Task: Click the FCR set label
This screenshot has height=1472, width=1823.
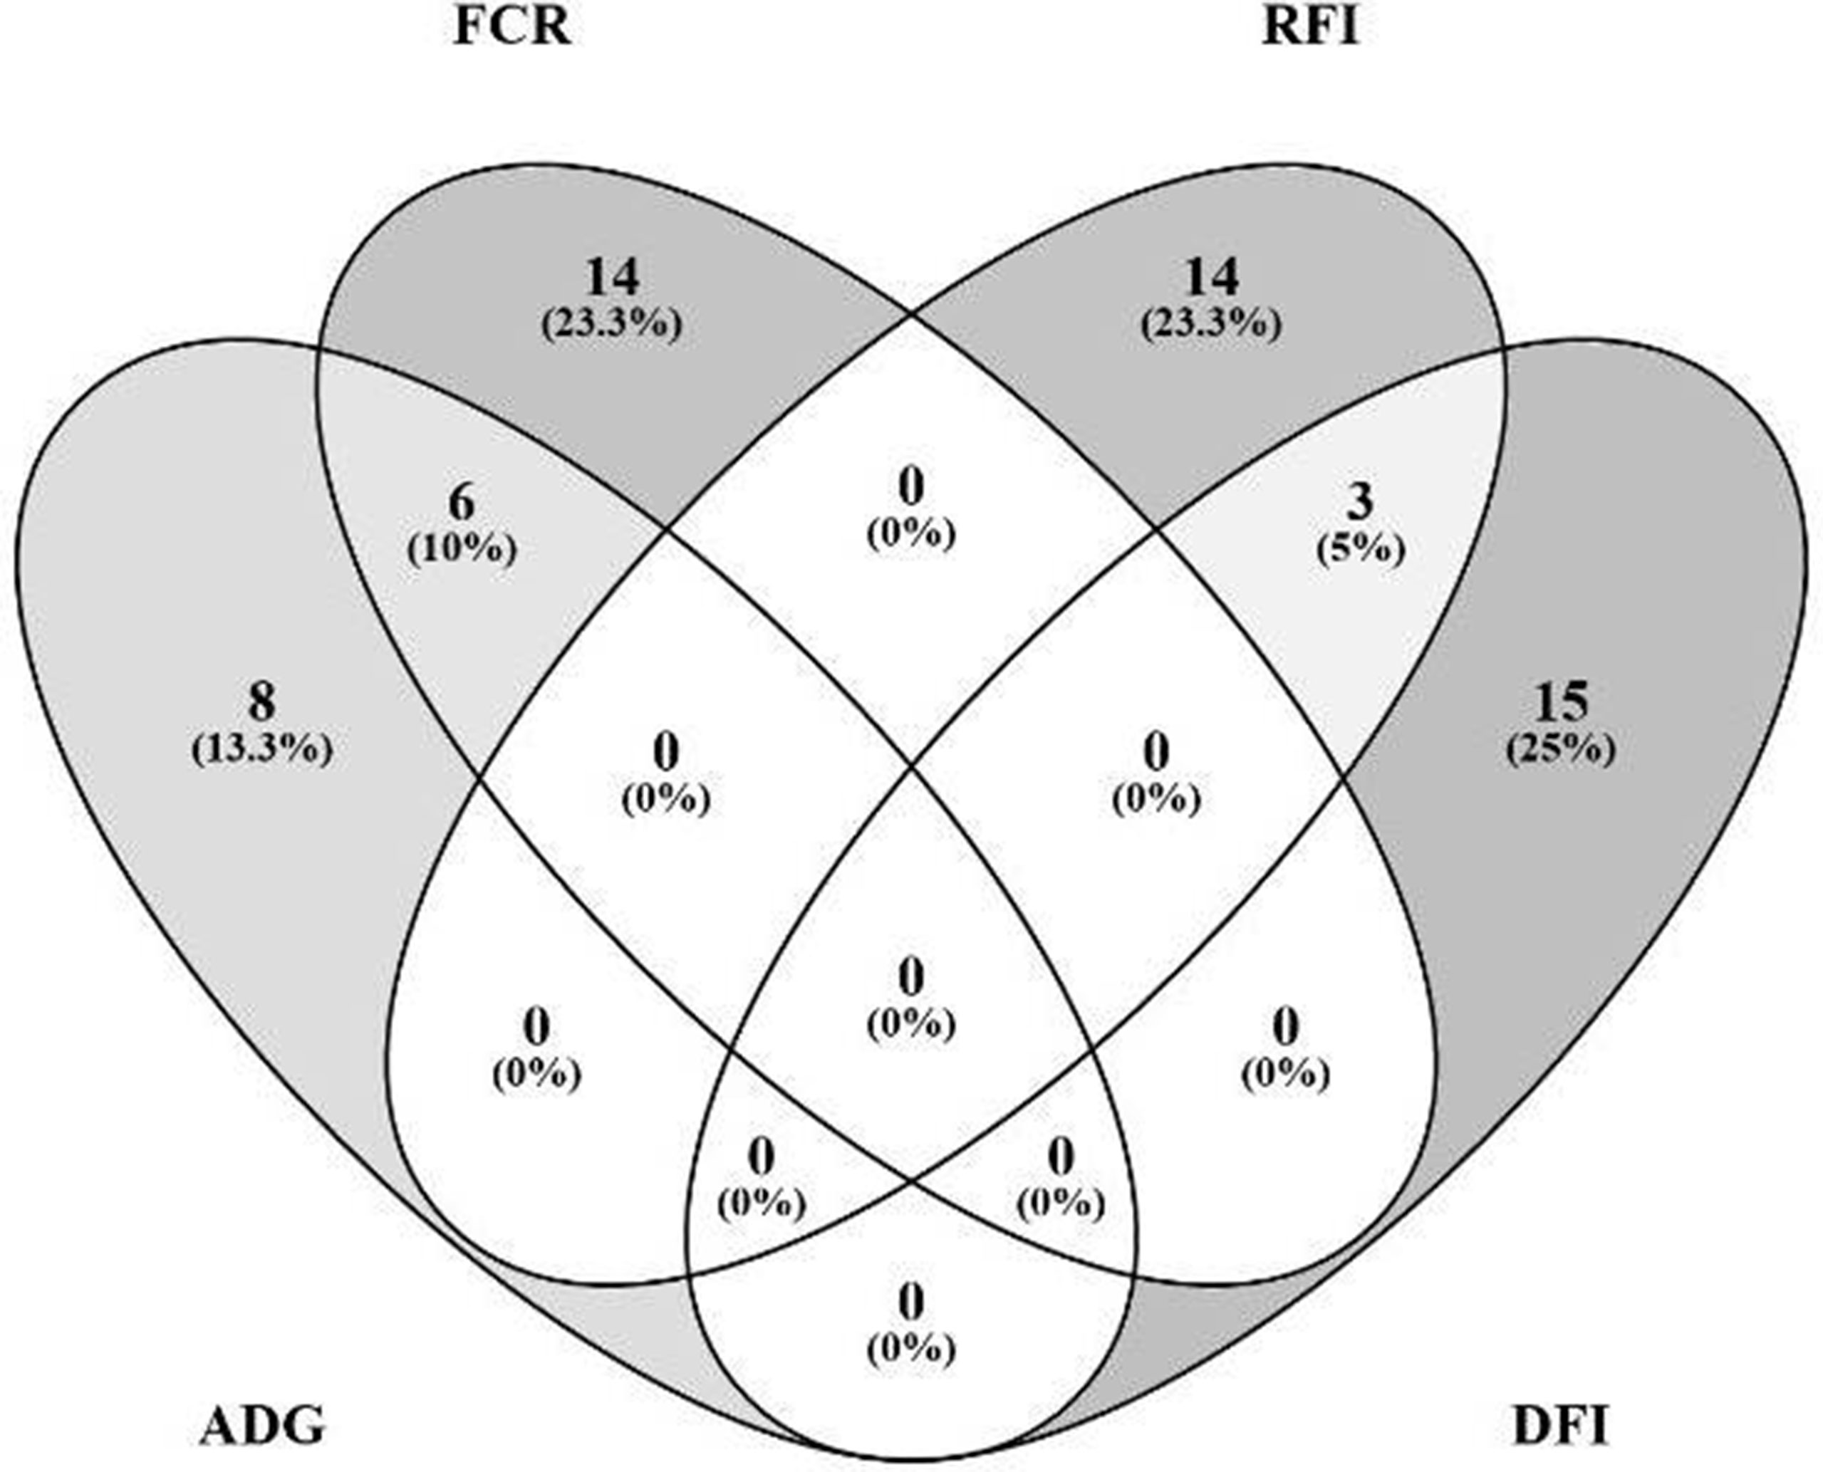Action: [x=512, y=27]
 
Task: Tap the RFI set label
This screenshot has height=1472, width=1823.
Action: [x=1311, y=27]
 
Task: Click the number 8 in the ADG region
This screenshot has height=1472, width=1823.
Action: [x=261, y=702]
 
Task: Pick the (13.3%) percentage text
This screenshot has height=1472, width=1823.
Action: [x=261, y=750]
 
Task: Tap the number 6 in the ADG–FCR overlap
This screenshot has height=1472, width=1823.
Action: [x=461, y=503]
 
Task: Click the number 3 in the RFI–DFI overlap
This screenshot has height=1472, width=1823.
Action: [x=1360, y=502]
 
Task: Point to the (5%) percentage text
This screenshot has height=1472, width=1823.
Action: [x=1360, y=550]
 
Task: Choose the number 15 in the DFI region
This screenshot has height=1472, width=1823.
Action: [x=1560, y=702]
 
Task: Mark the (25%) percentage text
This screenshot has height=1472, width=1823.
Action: [x=1560, y=750]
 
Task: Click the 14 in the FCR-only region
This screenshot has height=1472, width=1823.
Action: [x=612, y=276]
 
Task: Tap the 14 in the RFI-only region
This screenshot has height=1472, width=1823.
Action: [x=1210, y=276]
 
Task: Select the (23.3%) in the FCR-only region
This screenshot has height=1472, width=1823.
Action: [x=612, y=324]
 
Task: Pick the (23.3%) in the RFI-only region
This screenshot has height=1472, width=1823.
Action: [x=1210, y=324]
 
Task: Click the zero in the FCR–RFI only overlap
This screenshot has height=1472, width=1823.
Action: [x=911, y=488]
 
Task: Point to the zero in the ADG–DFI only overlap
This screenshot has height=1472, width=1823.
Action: [x=911, y=1303]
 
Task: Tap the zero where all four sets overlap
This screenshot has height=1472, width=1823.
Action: [x=911, y=978]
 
